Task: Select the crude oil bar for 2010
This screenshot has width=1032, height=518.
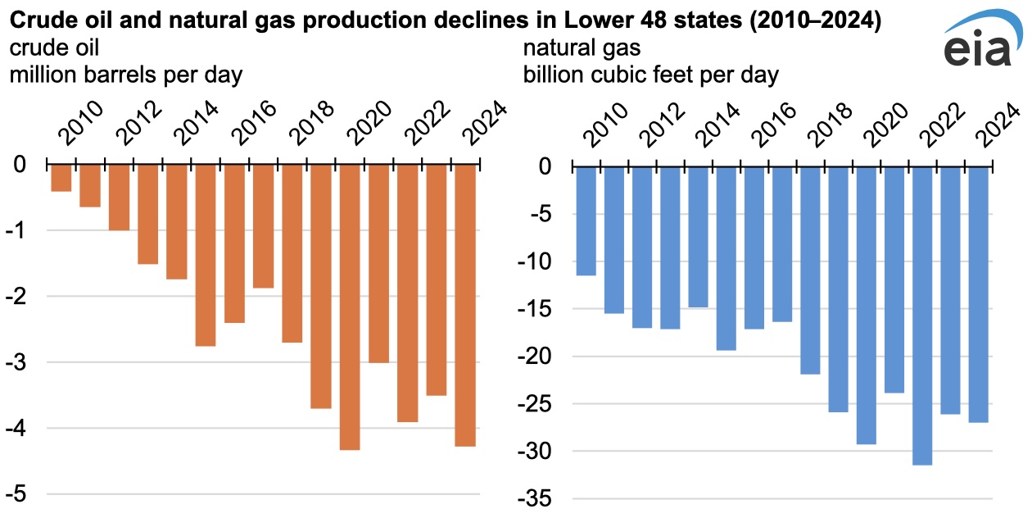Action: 61,178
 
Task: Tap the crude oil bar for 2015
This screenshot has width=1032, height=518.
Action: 205,255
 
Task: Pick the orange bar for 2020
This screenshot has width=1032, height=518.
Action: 350,307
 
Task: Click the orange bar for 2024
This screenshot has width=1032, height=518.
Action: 464,305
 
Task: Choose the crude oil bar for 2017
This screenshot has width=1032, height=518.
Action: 263,226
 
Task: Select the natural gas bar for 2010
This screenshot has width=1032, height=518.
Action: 586,220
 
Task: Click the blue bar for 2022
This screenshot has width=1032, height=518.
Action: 922,315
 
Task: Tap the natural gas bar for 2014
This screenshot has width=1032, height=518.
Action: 698,237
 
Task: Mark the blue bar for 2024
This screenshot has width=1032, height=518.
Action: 978,294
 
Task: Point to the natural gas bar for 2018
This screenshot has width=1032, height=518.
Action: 810,270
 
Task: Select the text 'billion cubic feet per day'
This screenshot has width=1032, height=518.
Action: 651,75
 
